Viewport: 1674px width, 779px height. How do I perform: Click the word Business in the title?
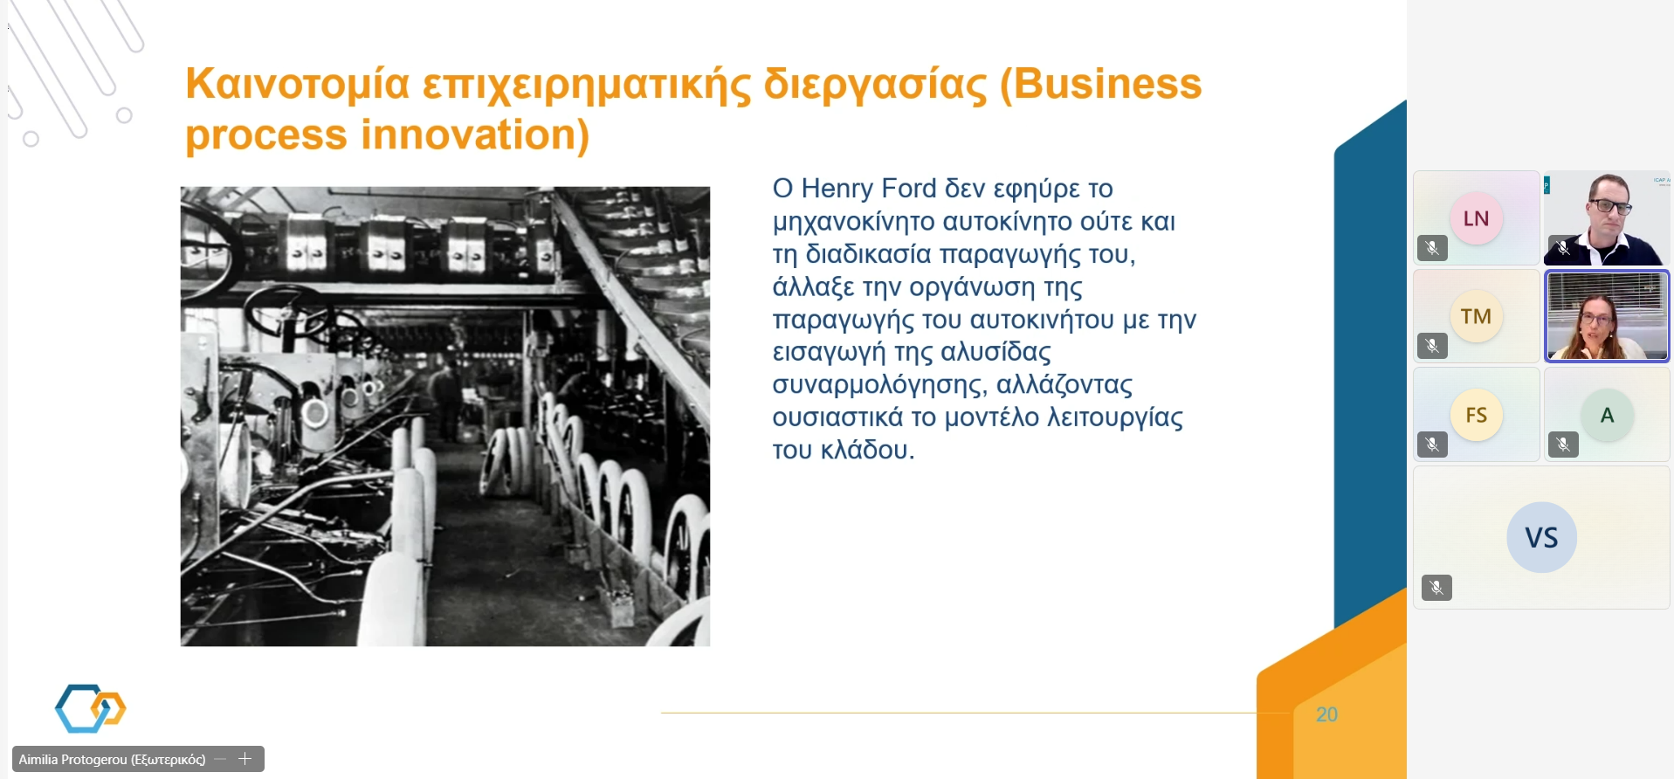coord(1107,84)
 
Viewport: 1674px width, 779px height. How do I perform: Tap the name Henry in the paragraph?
coord(838,189)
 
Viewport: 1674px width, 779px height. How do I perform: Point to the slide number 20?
coord(1326,714)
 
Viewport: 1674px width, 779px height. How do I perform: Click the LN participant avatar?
coord(1477,218)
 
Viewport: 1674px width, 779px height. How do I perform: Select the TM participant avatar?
coord(1477,316)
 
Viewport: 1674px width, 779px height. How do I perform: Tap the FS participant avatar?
coord(1477,415)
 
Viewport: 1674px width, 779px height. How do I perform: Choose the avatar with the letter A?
coord(1607,415)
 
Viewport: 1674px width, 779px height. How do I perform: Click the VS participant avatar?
coord(1542,537)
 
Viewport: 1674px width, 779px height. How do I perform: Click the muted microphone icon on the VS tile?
coord(1436,588)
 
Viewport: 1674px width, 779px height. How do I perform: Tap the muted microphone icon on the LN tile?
coord(1432,249)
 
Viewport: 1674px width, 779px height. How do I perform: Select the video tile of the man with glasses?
coord(1607,218)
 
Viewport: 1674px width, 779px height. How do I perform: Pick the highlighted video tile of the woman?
coord(1607,316)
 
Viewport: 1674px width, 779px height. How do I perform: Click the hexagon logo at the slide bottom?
coord(91,708)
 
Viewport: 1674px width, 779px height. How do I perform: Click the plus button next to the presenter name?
coord(245,759)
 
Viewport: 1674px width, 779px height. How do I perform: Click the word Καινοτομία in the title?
coord(298,84)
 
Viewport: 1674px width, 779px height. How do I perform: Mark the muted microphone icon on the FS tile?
coord(1432,445)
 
